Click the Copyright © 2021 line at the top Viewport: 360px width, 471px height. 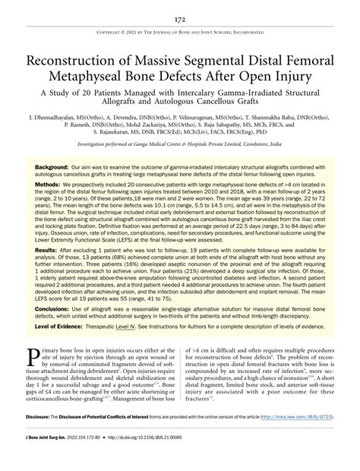click(180, 33)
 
